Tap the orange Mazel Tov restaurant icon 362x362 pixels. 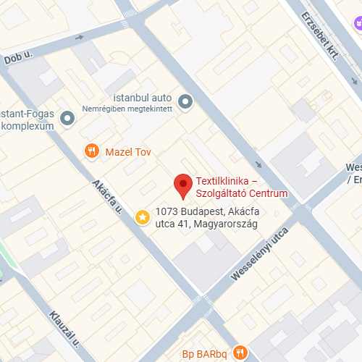tap(91, 151)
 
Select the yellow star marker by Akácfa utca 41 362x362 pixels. tap(143, 216)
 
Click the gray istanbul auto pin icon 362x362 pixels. tap(185, 102)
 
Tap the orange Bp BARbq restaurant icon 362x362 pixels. tap(240, 353)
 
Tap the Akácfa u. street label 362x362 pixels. tap(108, 196)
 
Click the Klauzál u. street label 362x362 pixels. tap(64, 326)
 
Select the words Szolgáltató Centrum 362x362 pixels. tap(242, 193)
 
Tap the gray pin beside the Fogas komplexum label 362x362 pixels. tap(68, 117)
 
